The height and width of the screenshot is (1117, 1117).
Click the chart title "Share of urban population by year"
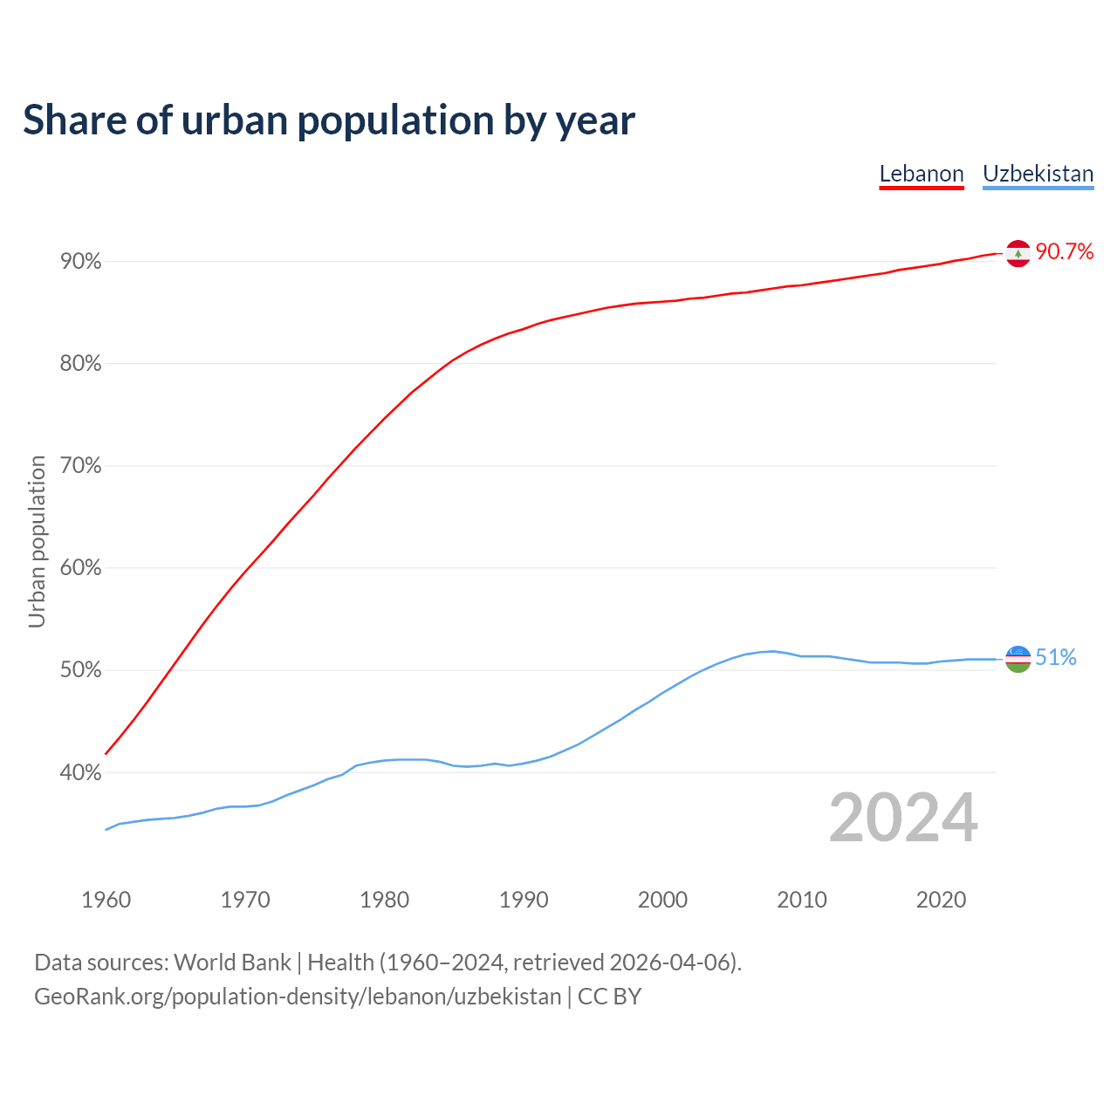pyautogui.click(x=329, y=120)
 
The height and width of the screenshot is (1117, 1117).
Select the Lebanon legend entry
pyautogui.click(x=922, y=174)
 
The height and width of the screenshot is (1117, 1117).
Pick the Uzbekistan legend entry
pyautogui.click(x=1038, y=174)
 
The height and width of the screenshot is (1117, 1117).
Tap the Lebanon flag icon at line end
pyautogui.click(x=1018, y=253)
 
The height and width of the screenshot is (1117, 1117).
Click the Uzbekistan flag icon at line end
pyautogui.click(x=1018, y=659)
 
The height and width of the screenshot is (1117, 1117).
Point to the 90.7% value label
pyautogui.click(x=1065, y=252)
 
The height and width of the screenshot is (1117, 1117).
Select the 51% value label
pyautogui.click(x=1056, y=658)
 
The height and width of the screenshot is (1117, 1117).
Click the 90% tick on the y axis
pyautogui.click(x=80, y=262)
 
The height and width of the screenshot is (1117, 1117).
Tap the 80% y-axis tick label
pyautogui.click(x=80, y=364)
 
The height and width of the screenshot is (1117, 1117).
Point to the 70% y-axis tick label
pyautogui.click(x=80, y=466)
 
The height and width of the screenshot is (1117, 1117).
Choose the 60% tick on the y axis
pyautogui.click(x=80, y=568)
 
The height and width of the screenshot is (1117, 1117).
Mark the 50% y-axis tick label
pyautogui.click(x=80, y=670)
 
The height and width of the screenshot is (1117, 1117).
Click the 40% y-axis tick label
pyautogui.click(x=80, y=772)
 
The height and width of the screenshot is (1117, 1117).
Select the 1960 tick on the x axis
pyautogui.click(x=106, y=900)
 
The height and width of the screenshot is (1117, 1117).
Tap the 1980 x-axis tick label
pyautogui.click(x=385, y=900)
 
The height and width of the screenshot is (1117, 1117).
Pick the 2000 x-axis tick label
pyautogui.click(x=663, y=900)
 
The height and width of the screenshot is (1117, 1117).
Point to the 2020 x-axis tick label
pyautogui.click(x=941, y=900)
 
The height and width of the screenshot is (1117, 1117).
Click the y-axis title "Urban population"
pyautogui.click(x=37, y=541)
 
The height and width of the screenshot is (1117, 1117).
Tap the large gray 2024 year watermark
pyautogui.click(x=903, y=818)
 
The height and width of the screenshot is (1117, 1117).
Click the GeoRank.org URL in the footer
pyautogui.click(x=298, y=997)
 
